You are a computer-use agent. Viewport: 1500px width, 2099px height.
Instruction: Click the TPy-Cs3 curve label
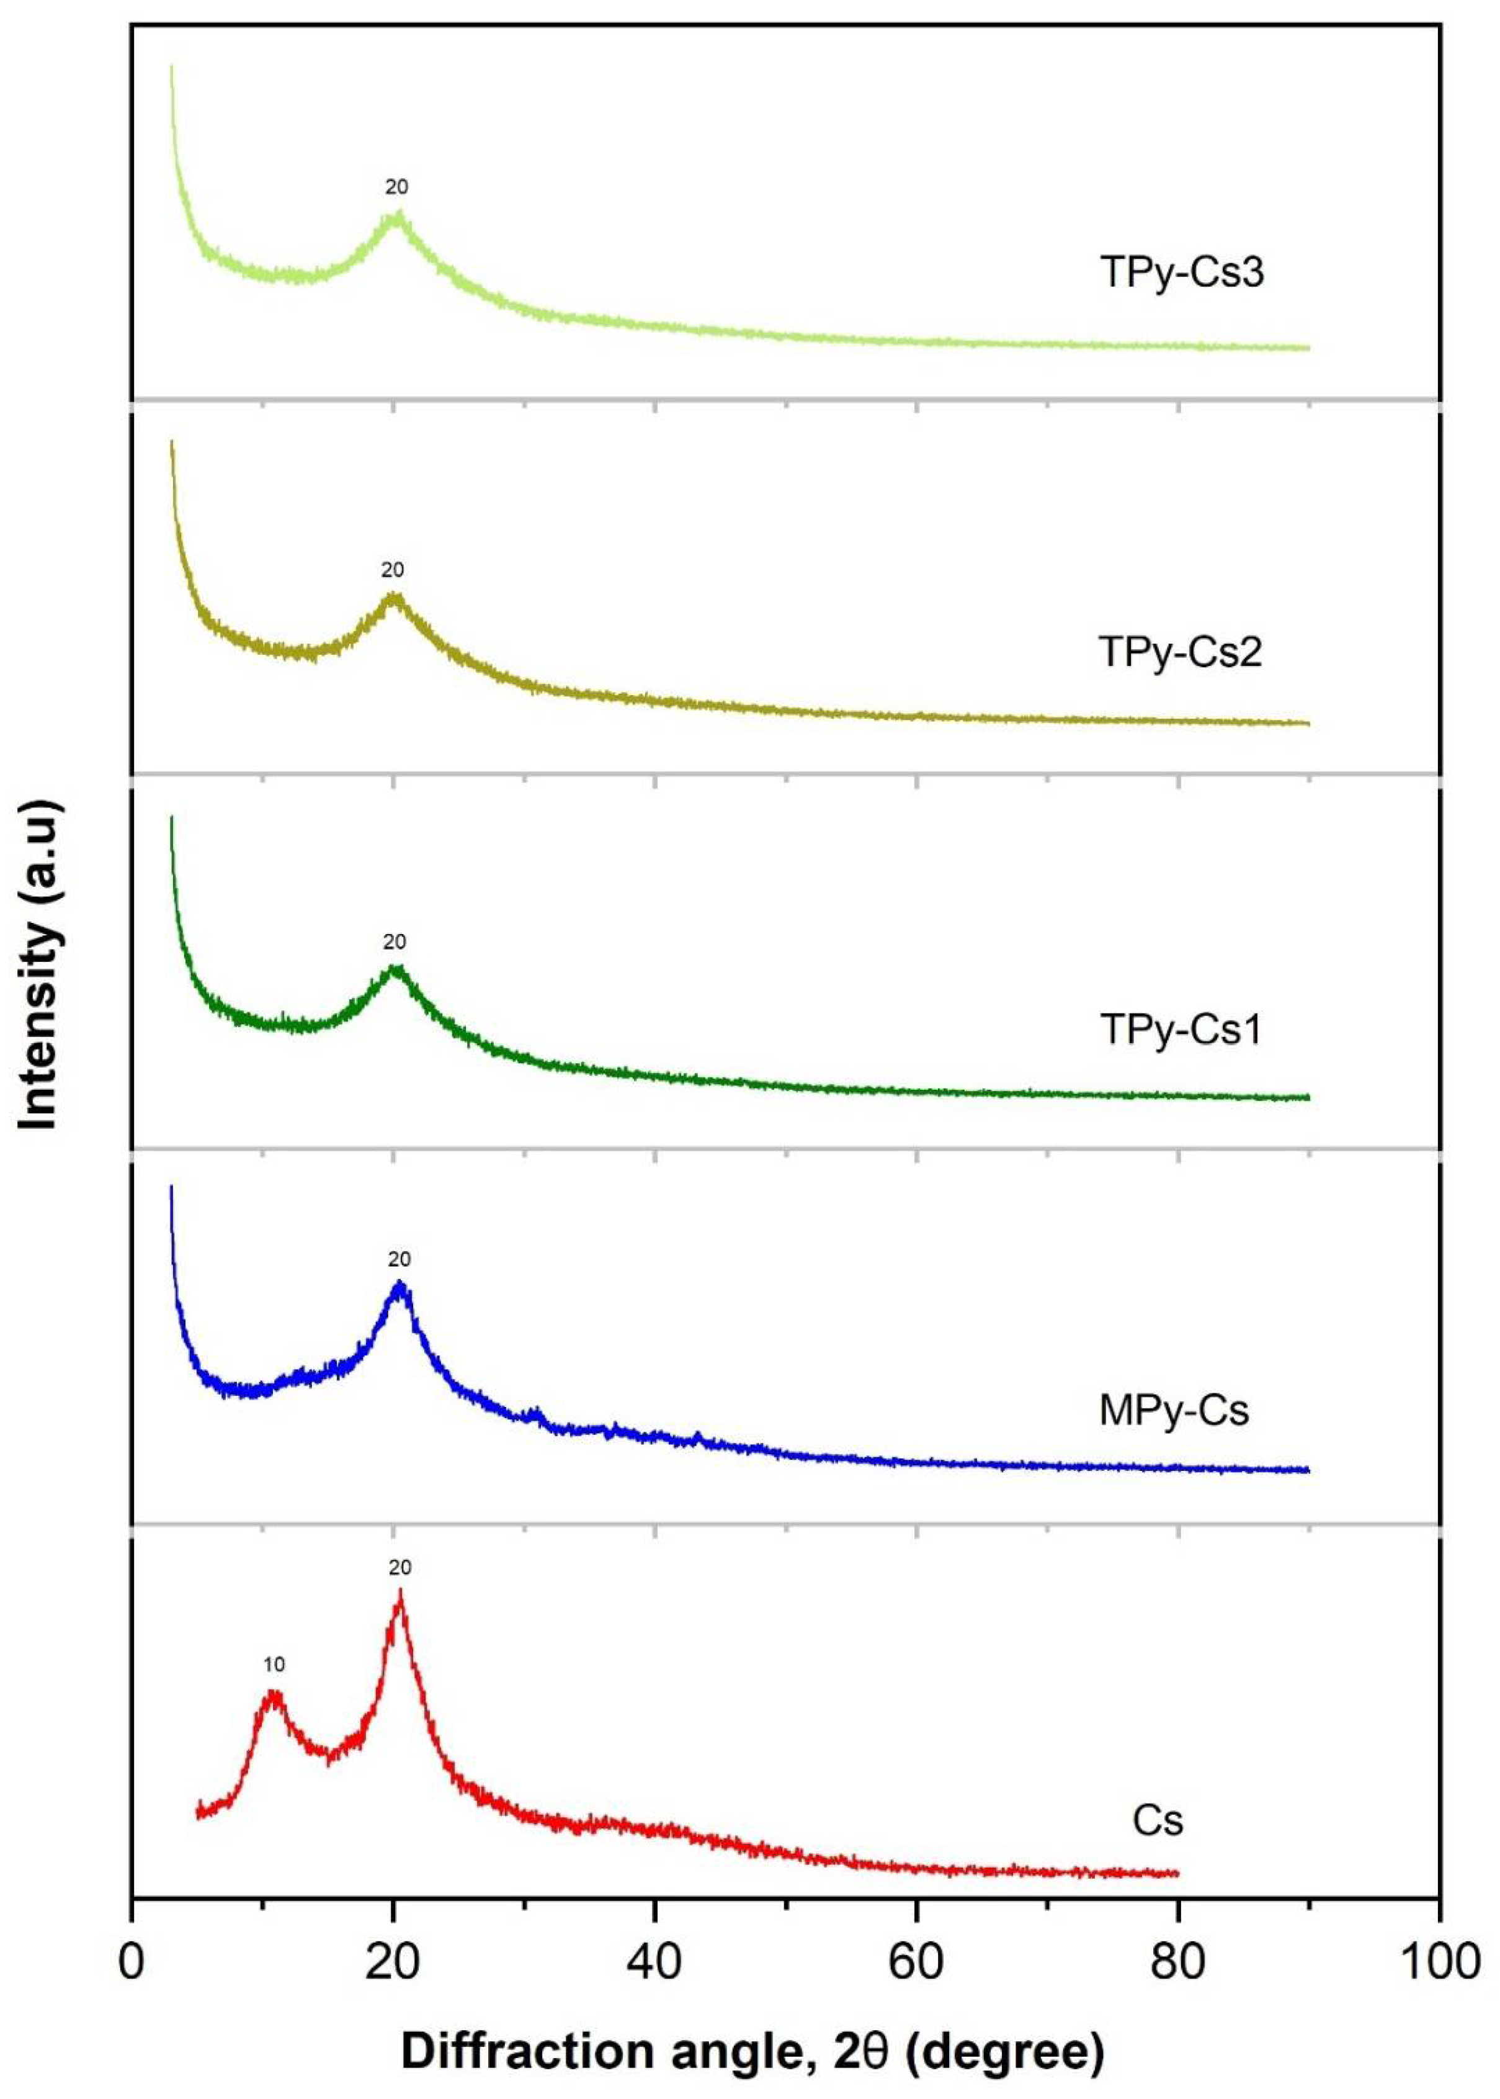pyautogui.click(x=1181, y=274)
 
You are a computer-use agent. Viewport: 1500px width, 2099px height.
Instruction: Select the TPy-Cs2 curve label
pyautogui.click(x=1179, y=652)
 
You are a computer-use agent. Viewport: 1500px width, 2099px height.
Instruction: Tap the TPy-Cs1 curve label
pyautogui.click(x=1179, y=1029)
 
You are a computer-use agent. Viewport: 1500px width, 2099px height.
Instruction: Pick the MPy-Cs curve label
pyautogui.click(x=1173, y=1410)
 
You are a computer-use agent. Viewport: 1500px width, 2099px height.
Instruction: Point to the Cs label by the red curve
pyautogui.click(x=1158, y=1820)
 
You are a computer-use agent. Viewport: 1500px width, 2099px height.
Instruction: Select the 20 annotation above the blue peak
pyautogui.click(x=399, y=1259)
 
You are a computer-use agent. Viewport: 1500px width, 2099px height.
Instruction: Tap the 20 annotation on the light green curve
pyautogui.click(x=396, y=187)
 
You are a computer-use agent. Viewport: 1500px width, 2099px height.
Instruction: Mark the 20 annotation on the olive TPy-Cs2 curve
pyautogui.click(x=393, y=570)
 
